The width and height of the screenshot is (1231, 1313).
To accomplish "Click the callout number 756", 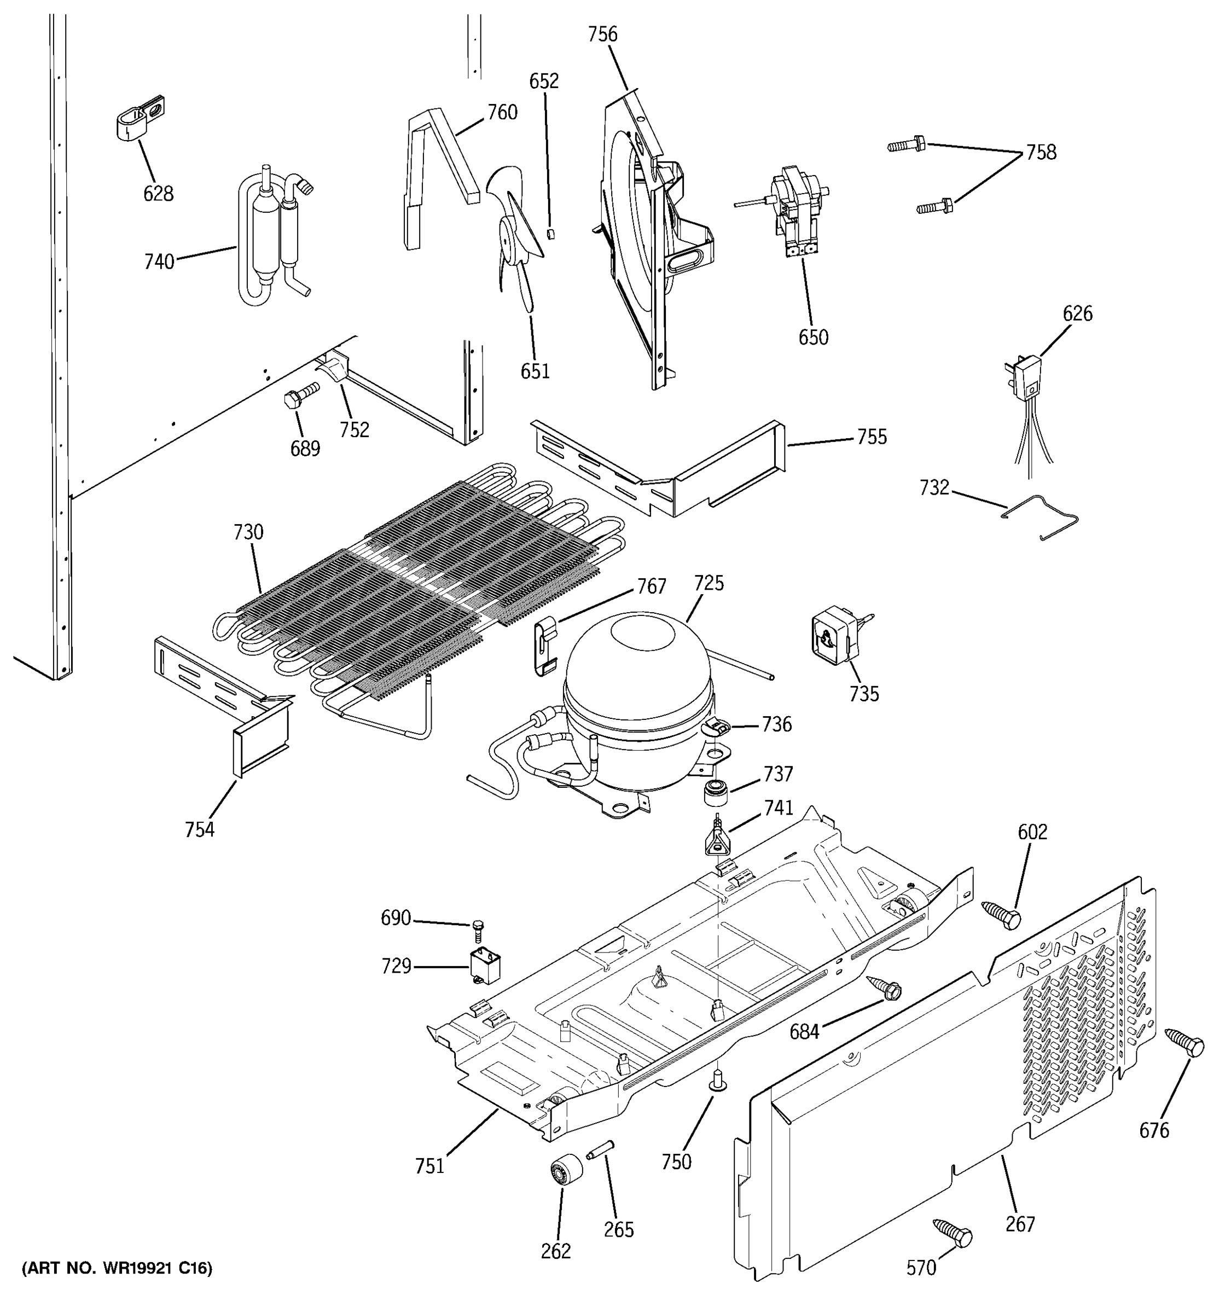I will (x=602, y=34).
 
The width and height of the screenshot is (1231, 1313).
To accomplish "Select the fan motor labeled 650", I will (x=796, y=208).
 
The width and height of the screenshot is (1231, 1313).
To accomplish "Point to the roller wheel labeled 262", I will (x=566, y=1174).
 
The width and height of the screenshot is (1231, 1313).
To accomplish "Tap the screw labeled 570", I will (x=953, y=1232).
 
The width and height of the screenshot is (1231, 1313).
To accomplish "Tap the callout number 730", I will (x=248, y=532).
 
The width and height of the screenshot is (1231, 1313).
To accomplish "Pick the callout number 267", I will (x=1020, y=1224).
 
